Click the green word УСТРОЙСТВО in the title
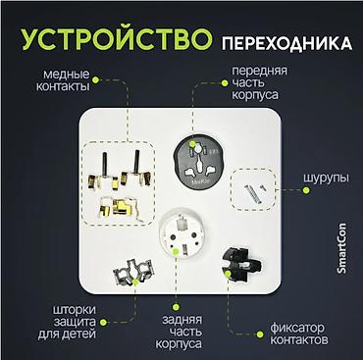coord(117,39)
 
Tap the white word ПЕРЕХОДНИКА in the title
coord(286,44)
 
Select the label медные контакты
coord(63,80)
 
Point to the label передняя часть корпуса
coord(260,82)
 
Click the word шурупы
coord(326,179)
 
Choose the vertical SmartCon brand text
coord(341,248)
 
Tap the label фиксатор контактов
coord(299,334)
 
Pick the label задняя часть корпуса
coord(179,332)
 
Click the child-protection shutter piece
coord(133,272)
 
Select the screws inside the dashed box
coord(254,192)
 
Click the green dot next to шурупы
coord(306,190)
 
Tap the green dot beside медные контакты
coord(95,79)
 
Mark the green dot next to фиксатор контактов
coord(260,334)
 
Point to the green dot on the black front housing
coord(193,143)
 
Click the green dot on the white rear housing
coord(176,251)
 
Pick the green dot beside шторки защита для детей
coord(103,323)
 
